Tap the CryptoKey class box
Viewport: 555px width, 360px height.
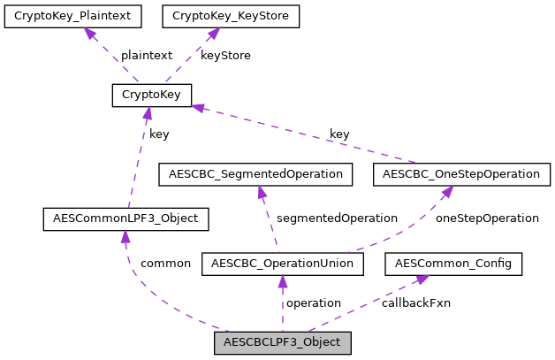152,96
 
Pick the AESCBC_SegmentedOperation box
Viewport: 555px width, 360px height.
255,174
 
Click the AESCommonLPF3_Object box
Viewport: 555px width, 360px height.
125,218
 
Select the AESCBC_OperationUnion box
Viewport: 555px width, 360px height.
283,264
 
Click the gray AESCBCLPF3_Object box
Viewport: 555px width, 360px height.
283,342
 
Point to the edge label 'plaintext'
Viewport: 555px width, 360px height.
146,55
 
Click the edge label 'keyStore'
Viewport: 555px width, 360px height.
225,55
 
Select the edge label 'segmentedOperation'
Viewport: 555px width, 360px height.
337,218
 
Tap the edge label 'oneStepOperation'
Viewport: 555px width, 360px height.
488,218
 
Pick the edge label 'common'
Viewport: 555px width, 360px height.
165,264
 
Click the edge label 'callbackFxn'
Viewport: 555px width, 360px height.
416,303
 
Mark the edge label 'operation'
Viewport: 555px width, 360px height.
314,303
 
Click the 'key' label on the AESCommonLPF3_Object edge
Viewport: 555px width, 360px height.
159,134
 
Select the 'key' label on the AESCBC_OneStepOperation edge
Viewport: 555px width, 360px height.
339,134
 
